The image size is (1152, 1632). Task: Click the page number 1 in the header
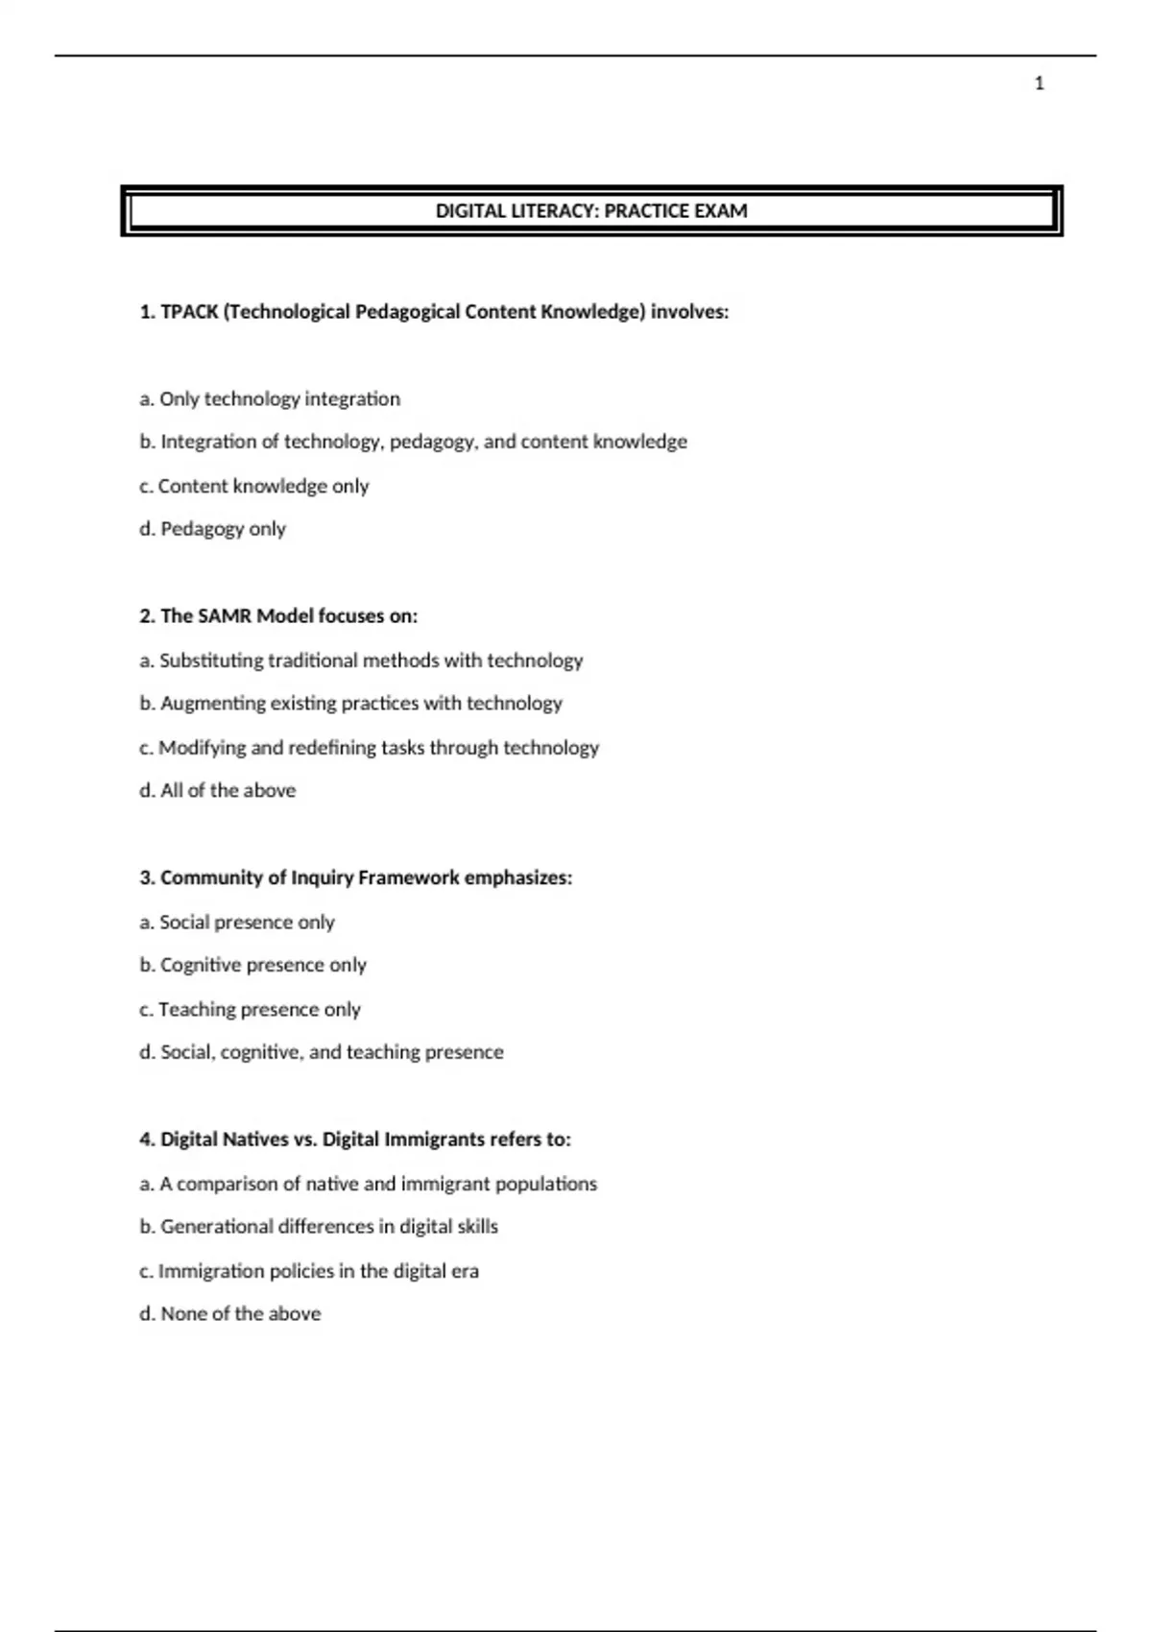(1039, 84)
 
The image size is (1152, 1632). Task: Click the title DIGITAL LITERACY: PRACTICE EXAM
(591, 211)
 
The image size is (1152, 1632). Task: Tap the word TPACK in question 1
(189, 312)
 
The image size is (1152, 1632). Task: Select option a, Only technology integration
(270, 398)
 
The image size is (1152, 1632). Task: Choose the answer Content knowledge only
(254, 486)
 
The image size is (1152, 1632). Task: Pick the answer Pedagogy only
(213, 529)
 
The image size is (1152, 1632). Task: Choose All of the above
(218, 791)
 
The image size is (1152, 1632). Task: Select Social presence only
(237, 923)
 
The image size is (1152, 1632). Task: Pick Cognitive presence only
(253, 965)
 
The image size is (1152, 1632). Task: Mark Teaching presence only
(251, 1009)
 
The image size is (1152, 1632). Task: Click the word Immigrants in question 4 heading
(434, 1140)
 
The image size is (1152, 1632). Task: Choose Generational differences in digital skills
(320, 1227)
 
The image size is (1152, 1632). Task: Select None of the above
(230, 1314)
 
